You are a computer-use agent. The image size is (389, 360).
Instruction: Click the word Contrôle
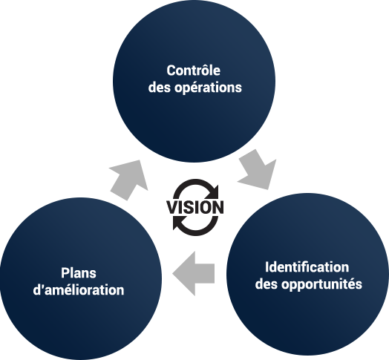click(x=193, y=71)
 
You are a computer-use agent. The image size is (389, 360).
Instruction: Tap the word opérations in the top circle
click(x=208, y=88)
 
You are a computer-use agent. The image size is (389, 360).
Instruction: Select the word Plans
click(x=79, y=273)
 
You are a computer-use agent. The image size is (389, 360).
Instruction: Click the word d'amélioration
click(x=79, y=289)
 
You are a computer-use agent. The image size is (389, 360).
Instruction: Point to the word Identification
click(x=307, y=267)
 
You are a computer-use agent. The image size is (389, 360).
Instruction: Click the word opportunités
click(x=321, y=284)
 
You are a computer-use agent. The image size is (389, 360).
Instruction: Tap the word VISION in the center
click(x=194, y=207)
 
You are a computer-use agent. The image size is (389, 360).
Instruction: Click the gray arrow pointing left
click(x=194, y=273)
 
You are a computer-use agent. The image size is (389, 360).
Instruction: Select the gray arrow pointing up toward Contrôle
click(x=129, y=180)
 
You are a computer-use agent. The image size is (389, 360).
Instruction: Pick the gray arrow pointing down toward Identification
click(x=258, y=169)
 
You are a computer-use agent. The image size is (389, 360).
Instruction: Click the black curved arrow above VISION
click(x=196, y=189)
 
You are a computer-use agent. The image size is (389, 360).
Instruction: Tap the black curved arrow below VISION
click(x=195, y=226)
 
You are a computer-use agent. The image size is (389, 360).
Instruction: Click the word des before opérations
click(x=160, y=88)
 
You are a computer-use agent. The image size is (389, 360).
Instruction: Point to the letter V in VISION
click(x=172, y=207)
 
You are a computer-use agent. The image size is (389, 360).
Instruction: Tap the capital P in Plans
click(x=65, y=273)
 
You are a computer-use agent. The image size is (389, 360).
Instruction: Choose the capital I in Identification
click(x=267, y=267)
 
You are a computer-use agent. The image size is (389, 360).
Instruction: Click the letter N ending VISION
click(x=218, y=207)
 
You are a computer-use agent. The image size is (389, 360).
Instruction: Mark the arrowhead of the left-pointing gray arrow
click(x=184, y=273)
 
